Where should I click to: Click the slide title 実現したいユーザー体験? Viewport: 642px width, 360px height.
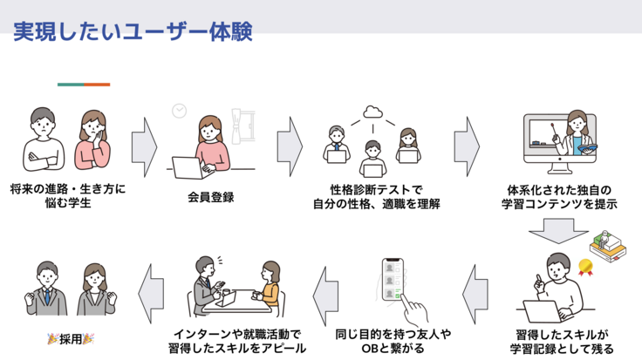133,31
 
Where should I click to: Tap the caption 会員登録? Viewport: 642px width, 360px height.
211,197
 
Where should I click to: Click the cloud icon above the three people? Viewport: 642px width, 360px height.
372,112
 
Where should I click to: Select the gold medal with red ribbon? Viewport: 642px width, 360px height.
585,267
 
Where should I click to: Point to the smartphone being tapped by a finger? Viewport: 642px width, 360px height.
393,280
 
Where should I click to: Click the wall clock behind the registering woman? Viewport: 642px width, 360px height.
180,111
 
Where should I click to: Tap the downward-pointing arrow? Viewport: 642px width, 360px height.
558,231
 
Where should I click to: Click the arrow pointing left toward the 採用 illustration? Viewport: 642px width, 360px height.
151,294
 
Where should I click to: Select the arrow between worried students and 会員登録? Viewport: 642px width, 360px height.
144,147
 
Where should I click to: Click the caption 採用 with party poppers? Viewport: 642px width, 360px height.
71,339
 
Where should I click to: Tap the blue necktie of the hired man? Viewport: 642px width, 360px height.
47,295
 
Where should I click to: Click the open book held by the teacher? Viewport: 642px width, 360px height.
586,148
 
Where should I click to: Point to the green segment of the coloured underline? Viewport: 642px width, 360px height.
71,85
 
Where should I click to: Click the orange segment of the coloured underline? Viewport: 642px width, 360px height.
97,85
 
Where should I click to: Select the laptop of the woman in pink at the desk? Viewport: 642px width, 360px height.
188,167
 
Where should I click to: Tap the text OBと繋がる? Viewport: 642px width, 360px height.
393,349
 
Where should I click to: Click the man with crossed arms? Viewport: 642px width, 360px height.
43,139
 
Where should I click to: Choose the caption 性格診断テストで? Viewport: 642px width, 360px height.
376,190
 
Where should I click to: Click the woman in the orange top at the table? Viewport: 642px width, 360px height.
269,289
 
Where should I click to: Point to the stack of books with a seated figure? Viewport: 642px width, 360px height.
608,245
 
